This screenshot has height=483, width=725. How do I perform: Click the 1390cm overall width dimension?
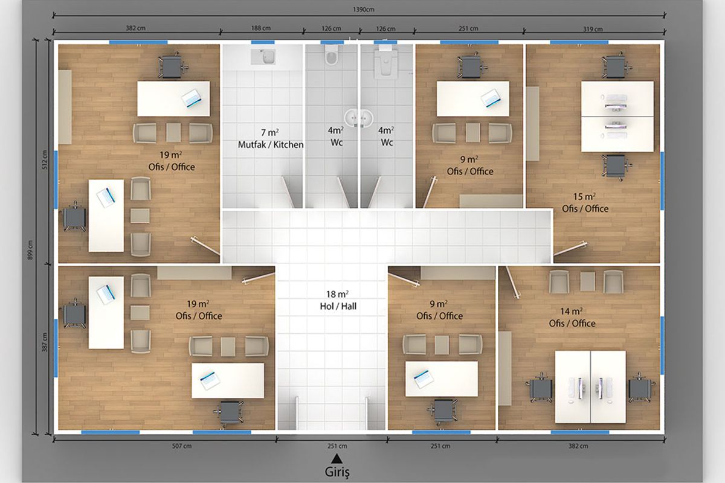pos(364,10)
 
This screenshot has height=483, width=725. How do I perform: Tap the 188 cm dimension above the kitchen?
pos(261,28)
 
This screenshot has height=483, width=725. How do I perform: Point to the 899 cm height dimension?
pos(30,250)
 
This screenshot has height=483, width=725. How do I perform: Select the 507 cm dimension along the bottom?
pos(182,446)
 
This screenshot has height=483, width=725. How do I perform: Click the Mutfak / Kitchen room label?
pos(271,144)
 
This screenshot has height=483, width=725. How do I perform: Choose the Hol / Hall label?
pos(338,306)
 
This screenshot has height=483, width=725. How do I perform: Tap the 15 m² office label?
pos(585,202)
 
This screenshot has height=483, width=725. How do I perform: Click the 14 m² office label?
pos(572,318)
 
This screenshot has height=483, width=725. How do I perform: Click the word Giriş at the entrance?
pos(337,472)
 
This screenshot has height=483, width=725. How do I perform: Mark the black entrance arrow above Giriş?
pos(337,458)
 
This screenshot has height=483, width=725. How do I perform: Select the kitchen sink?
pos(263,57)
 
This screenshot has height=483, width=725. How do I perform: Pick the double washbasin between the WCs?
pos(359,118)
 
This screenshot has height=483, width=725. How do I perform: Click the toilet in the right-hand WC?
pos(385,63)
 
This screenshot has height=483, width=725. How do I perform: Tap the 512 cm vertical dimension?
pos(45,159)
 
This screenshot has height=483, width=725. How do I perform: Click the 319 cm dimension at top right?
pos(593,29)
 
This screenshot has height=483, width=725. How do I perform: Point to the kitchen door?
pos(288,191)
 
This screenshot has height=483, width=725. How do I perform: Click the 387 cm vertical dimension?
pos(45,342)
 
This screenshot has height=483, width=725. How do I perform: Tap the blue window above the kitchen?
pos(263,42)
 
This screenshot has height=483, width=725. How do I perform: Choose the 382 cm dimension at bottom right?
pos(578,446)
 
